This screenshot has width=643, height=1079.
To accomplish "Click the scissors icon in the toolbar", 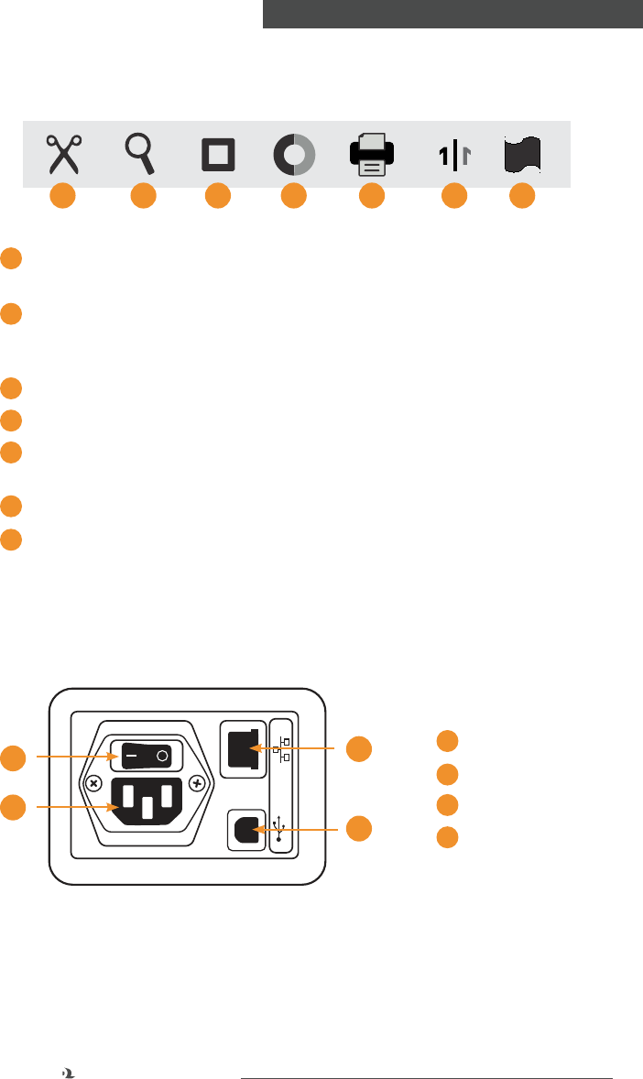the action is point(64,154).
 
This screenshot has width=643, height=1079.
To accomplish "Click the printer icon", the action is point(371,154).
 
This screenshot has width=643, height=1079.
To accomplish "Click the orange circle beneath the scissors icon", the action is point(62,195).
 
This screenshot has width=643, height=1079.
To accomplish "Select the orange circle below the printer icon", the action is point(371,195).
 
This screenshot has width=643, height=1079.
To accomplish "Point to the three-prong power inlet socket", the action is point(146,804).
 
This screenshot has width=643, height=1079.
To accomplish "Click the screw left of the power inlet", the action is point(93,784).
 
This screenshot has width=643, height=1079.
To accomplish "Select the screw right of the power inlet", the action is point(197,784).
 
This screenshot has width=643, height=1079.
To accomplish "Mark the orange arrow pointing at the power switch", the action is point(73,757).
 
